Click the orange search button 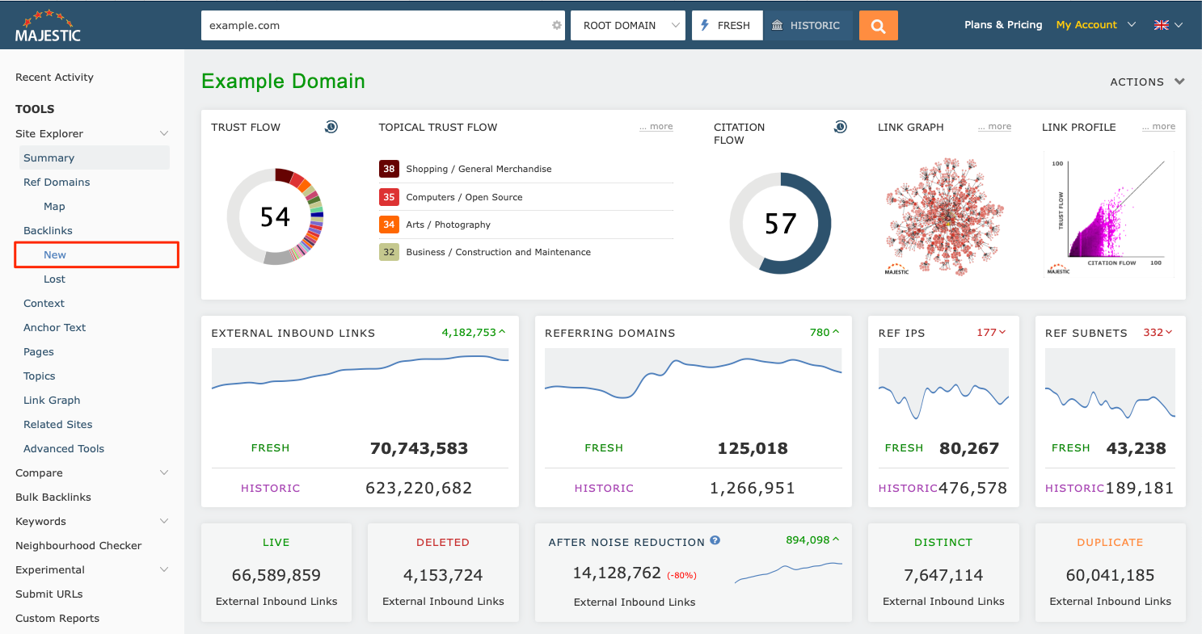[x=878, y=25]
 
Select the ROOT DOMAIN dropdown [x=627, y=25]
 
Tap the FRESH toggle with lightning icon [x=727, y=25]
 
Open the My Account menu [x=1095, y=25]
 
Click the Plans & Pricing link [x=1002, y=25]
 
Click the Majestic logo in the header [x=49, y=26]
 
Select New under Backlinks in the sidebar [x=55, y=254]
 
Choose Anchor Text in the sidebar [x=54, y=327]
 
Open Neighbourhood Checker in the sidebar [x=78, y=545]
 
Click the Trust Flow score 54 [x=275, y=216]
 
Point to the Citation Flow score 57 [x=780, y=224]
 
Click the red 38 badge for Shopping [x=389, y=169]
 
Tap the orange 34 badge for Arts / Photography [x=389, y=225]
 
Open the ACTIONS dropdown [x=1147, y=82]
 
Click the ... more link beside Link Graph [x=994, y=127]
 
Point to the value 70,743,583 [x=419, y=448]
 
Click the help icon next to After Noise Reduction [x=715, y=541]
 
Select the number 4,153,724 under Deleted [x=443, y=575]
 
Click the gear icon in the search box [x=557, y=25]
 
